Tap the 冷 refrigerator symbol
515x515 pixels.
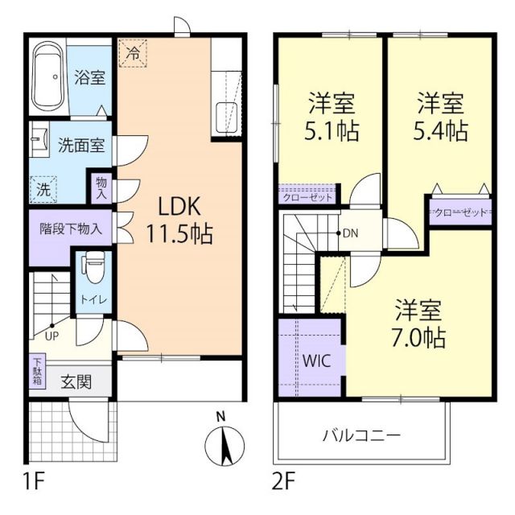(x=132, y=55)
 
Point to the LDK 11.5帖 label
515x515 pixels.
(x=179, y=220)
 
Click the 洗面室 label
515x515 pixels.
(x=80, y=146)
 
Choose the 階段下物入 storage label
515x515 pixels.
(x=72, y=228)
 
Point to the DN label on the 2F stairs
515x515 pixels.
(x=349, y=233)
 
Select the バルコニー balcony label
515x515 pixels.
(x=361, y=435)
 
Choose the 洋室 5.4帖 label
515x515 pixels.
(x=441, y=117)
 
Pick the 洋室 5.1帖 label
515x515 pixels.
(x=332, y=117)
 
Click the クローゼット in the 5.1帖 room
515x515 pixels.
(x=309, y=196)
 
